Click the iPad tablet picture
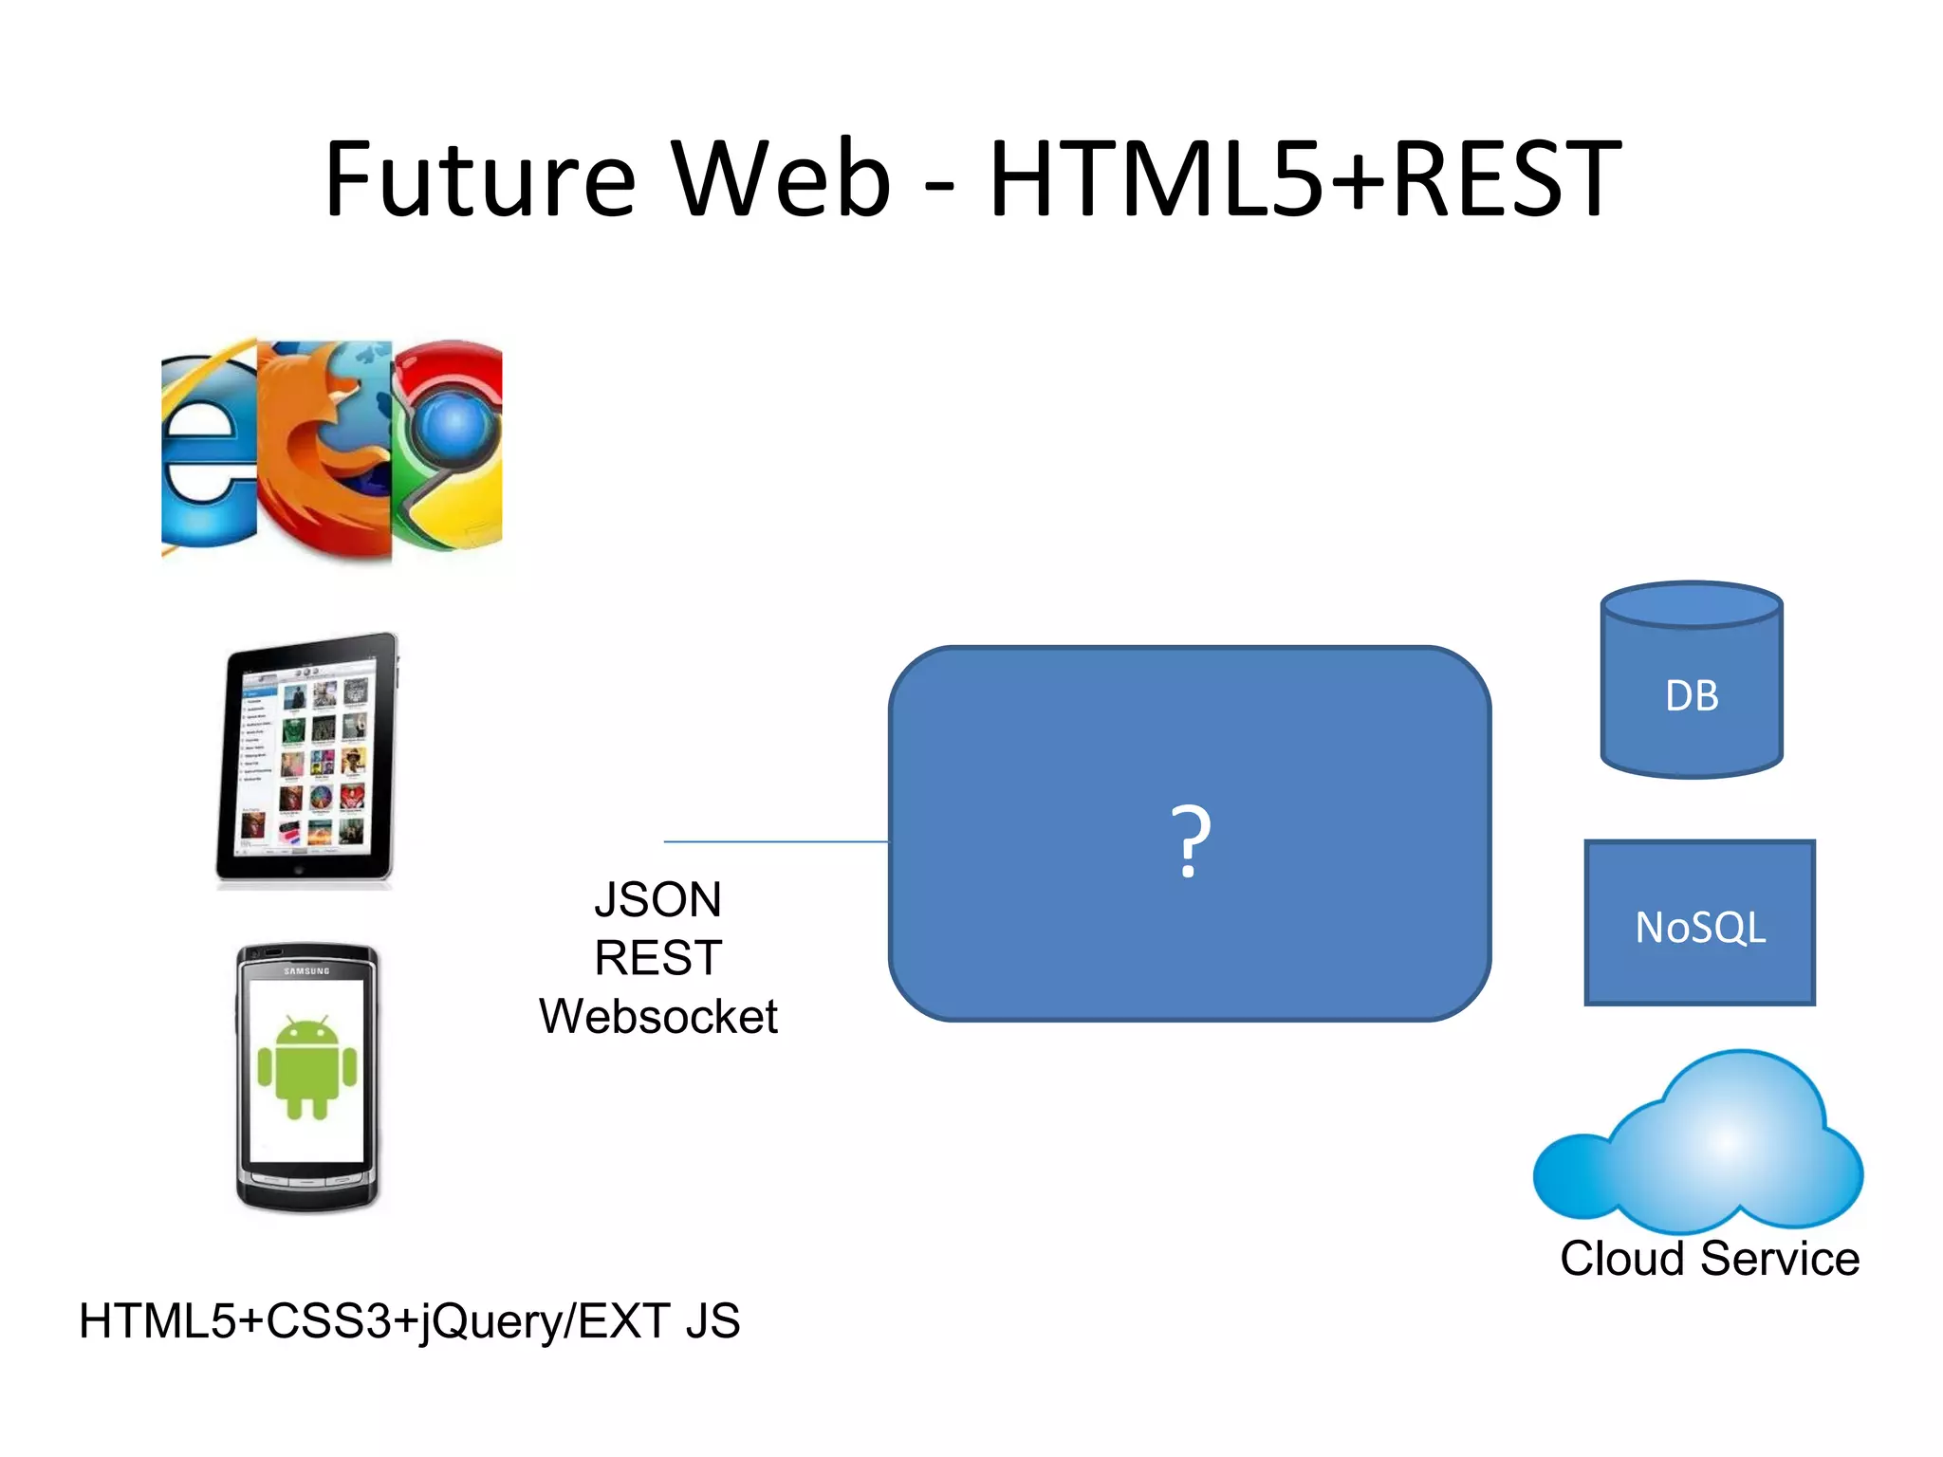tap(305, 759)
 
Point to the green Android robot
tap(306, 1067)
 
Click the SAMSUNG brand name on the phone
tap(306, 971)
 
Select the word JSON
tap(657, 899)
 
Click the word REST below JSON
tap(657, 958)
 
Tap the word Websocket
tap(657, 1017)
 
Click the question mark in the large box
tap(1190, 840)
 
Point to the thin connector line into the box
tap(776, 841)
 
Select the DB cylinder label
tap(1692, 696)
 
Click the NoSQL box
tap(1699, 926)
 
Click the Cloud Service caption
tap(1710, 1259)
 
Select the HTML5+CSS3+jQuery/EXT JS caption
tap(409, 1321)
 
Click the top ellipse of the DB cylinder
tap(1692, 604)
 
